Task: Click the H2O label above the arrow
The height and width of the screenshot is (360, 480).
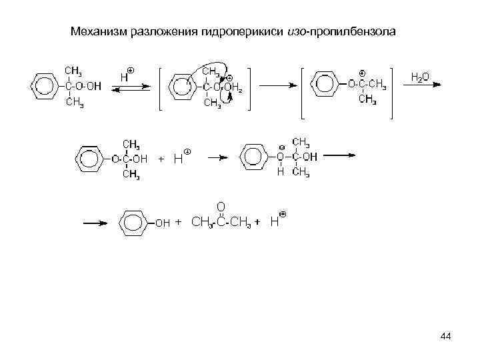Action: tap(419, 77)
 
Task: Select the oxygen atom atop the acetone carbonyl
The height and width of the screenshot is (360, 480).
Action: tap(220, 205)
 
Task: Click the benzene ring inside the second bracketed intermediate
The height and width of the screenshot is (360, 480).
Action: tap(326, 84)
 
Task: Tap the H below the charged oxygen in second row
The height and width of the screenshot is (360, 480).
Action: tap(281, 172)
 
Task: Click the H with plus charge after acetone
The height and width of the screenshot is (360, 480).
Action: tap(275, 221)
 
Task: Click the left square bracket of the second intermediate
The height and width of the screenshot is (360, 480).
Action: tap(303, 92)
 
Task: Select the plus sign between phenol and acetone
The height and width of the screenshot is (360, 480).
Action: tap(178, 222)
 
